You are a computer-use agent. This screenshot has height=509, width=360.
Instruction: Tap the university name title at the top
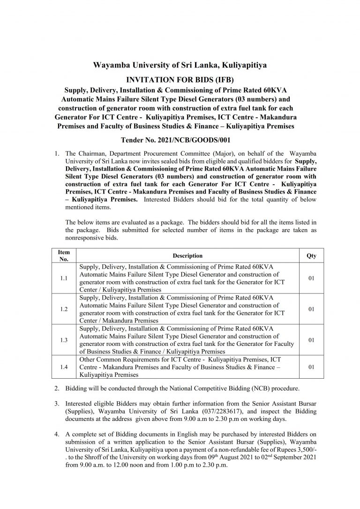pos(180,65)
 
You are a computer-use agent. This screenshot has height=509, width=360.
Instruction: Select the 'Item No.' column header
pos(64,255)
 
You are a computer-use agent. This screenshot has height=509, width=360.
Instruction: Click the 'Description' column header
pos(187,256)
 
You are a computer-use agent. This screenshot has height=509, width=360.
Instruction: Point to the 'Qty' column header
pos(311,256)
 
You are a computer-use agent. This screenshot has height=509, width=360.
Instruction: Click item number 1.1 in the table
pos(64,278)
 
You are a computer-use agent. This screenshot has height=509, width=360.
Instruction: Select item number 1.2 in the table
pos(64,309)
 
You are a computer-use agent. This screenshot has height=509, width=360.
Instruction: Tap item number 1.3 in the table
pos(64,340)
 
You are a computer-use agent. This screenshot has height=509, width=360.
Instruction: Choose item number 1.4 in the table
pos(64,367)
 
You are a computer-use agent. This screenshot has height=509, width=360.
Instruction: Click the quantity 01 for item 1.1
pos(311,278)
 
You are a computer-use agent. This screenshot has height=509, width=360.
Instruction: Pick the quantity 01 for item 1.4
pos(311,367)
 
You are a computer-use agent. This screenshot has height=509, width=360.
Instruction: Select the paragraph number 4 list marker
pos(56,435)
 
